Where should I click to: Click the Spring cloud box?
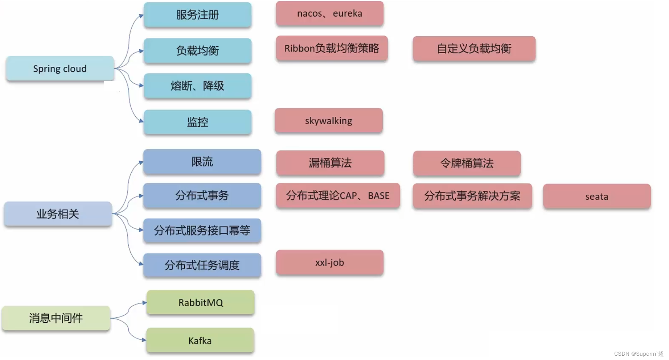pyautogui.click(x=60, y=69)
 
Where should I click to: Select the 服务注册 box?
pyautogui.click(x=197, y=15)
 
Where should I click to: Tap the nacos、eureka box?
pyautogui.click(x=329, y=13)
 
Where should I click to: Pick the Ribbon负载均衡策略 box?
pyautogui.click(x=332, y=48)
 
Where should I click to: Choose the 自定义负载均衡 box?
pyautogui.click(x=474, y=49)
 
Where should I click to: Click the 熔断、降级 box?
pyautogui.click(x=197, y=86)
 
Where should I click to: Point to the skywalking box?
pyautogui.click(x=328, y=121)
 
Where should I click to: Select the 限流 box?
pyautogui.click(x=202, y=162)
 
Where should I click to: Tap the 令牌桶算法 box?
pyautogui.click(x=467, y=163)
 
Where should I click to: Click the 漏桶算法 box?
pyautogui.click(x=330, y=163)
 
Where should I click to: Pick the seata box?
pyautogui.click(x=596, y=196)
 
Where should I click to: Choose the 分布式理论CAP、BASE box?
pyautogui.click(x=338, y=196)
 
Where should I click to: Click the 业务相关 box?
pyautogui.click(x=58, y=214)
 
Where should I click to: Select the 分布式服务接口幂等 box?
pyautogui.click(x=202, y=231)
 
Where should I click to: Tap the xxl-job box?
pyautogui.click(x=329, y=262)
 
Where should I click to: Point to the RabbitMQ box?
pyautogui.click(x=200, y=302)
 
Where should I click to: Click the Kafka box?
pyautogui.click(x=200, y=340)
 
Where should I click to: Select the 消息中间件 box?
pyautogui.click(x=56, y=318)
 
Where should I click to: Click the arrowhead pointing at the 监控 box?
pyautogui.click(x=141, y=121)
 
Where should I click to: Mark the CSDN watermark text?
pyautogui.click(x=639, y=354)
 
